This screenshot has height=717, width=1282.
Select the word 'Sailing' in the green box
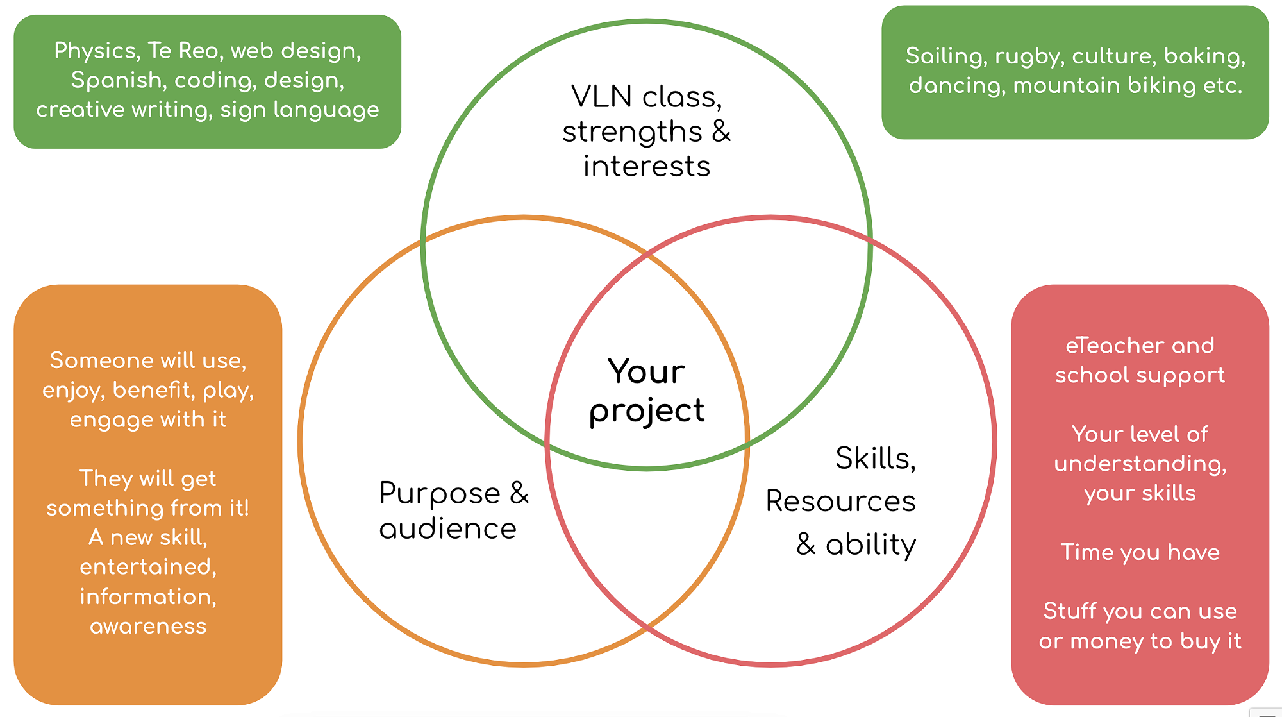[x=945, y=56]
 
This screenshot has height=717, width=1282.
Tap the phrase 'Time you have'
[x=1140, y=552]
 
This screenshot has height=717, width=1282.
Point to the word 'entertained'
[x=148, y=567]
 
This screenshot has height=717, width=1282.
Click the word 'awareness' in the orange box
[x=148, y=626]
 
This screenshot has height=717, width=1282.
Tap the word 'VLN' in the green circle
[x=602, y=97]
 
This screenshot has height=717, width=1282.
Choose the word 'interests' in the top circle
[x=646, y=166]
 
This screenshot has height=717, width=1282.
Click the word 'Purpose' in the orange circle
[x=440, y=493]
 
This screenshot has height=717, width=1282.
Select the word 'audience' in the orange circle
[x=447, y=529]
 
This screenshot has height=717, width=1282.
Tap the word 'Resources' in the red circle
[x=840, y=501]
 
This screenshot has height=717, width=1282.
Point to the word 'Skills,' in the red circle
[x=876, y=459]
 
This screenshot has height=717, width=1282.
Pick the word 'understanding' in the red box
[x=1140, y=464]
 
